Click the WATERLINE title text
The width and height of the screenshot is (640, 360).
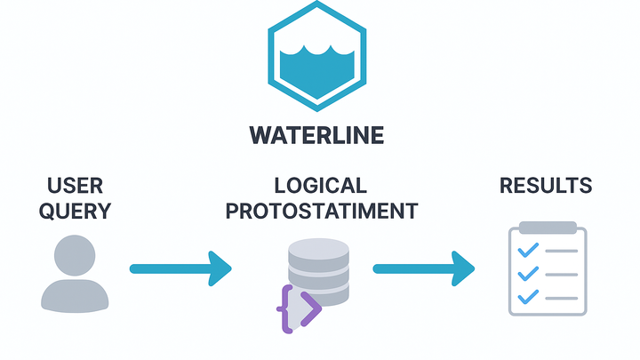[316, 135]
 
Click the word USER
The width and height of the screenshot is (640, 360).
[75, 186]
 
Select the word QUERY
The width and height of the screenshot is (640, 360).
[75, 212]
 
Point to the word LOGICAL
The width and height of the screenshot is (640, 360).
[320, 186]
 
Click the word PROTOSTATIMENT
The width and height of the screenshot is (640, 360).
[320, 212]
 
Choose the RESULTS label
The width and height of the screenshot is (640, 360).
[546, 186]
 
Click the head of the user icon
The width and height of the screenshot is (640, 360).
[75, 255]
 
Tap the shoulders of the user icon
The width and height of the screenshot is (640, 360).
[75, 295]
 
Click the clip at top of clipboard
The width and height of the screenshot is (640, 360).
[546, 228]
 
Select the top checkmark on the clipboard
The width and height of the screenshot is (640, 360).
[527, 252]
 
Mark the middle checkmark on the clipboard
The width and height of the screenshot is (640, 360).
[527, 274]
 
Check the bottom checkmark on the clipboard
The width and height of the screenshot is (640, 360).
[527, 296]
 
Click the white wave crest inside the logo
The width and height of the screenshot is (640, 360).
[316, 50]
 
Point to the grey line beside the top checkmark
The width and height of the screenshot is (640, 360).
[561, 252]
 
